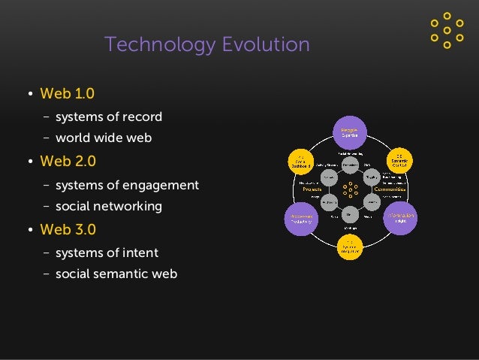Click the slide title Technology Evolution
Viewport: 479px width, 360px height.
point(206,45)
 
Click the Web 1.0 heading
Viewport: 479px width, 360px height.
point(68,94)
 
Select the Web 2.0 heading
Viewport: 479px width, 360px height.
point(68,162)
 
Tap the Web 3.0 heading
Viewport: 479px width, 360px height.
point(68,229)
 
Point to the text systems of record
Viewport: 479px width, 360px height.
point(108,116)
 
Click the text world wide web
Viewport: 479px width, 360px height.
point(104,138)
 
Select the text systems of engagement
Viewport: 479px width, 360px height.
point(127,185)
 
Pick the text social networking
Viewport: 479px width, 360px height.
point(108,206)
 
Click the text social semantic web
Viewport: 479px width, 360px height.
point(116,274)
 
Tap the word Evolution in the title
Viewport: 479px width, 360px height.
point(262,45)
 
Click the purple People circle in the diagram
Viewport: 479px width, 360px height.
point(350,133)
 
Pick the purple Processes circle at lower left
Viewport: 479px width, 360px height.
point(300,217)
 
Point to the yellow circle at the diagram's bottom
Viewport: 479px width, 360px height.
point(351,247)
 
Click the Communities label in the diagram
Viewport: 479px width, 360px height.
point(390,189)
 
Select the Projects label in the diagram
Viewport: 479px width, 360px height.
point(312,189)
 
